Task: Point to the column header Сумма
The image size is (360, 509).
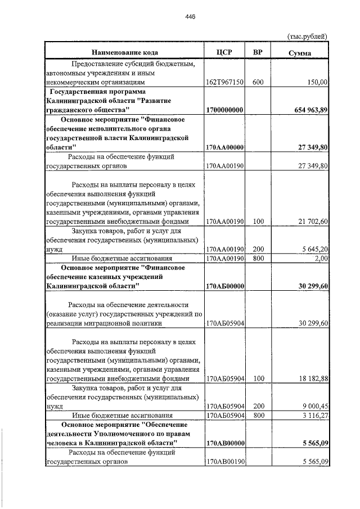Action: [300, 53]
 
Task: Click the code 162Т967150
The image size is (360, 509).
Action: [224, 82]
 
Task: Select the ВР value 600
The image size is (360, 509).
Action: [258, 82]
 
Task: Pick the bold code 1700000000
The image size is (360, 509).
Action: [224, 110]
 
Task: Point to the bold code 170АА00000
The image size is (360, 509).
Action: [224, 147]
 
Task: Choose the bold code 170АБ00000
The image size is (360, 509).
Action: [224, 286]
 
